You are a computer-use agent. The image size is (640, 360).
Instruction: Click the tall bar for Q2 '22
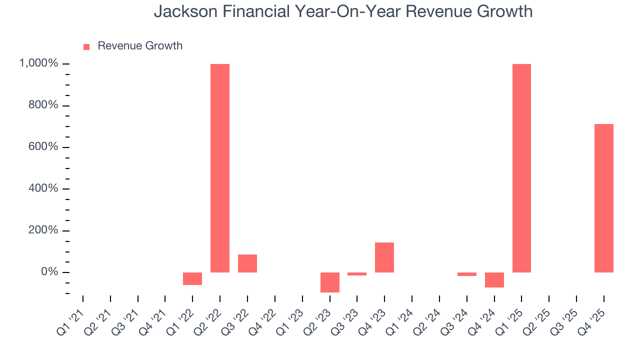tap(220, 168)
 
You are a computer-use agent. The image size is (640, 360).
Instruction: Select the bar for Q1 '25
tap(521, 168)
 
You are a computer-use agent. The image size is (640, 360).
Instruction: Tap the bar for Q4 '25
tap(604, 198)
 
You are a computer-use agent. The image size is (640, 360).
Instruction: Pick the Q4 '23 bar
tap(384, 257)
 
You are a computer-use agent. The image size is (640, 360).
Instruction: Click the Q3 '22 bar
tap(247, 263)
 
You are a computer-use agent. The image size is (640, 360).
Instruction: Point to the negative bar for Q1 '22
tap(192, 278)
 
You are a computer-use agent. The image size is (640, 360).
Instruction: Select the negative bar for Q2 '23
tap(330, 282)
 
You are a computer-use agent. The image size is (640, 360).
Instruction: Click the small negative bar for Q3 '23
tap(357, 274)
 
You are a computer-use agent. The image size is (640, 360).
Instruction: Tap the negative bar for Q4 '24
tap(494, 280)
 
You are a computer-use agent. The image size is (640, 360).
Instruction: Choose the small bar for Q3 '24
tap(467, 274)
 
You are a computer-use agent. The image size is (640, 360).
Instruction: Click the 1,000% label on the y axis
tap(38, 63)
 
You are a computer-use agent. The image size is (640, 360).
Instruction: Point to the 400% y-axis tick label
tap(44, 189)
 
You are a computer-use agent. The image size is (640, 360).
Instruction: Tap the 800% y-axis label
tap(44, 105)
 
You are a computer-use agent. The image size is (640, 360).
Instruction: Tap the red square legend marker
tap(86, 46)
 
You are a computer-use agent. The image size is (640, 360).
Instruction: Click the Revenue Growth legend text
tap(140, 46)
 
